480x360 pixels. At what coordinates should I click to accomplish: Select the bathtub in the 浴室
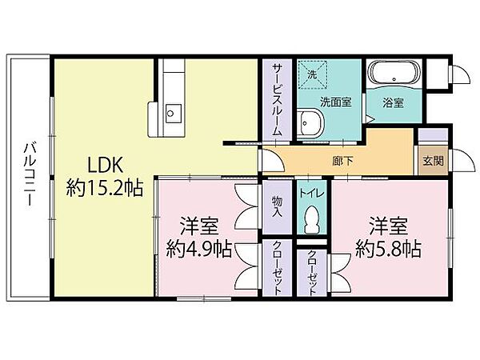click(394, 73)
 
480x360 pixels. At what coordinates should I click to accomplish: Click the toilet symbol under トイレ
click(312, 219)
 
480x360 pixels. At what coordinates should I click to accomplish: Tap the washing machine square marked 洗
click(313, 74)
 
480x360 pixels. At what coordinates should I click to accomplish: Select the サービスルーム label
click(277, 99)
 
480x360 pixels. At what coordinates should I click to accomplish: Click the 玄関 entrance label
click(433, 161)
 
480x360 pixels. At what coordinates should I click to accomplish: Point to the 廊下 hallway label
click(343, 161)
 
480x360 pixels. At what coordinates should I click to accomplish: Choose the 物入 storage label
click(278, 206)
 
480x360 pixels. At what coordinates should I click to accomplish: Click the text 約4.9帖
click(198, 249)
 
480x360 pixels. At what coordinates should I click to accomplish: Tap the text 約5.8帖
click(388, 249)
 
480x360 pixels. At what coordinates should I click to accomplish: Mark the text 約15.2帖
click(105, 188)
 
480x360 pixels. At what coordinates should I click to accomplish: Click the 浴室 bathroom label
click(393, 102)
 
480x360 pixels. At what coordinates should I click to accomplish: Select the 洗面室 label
click(336, 102)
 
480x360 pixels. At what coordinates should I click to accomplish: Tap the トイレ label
click(312, 194)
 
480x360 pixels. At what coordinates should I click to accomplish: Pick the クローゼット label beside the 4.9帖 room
click(278, 268)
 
